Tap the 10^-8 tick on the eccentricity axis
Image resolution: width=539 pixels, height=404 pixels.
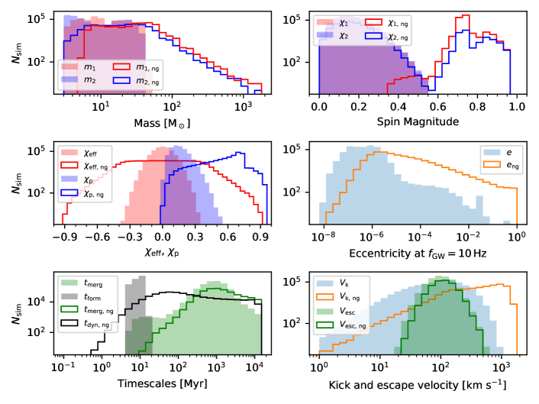[x=321, y=237]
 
